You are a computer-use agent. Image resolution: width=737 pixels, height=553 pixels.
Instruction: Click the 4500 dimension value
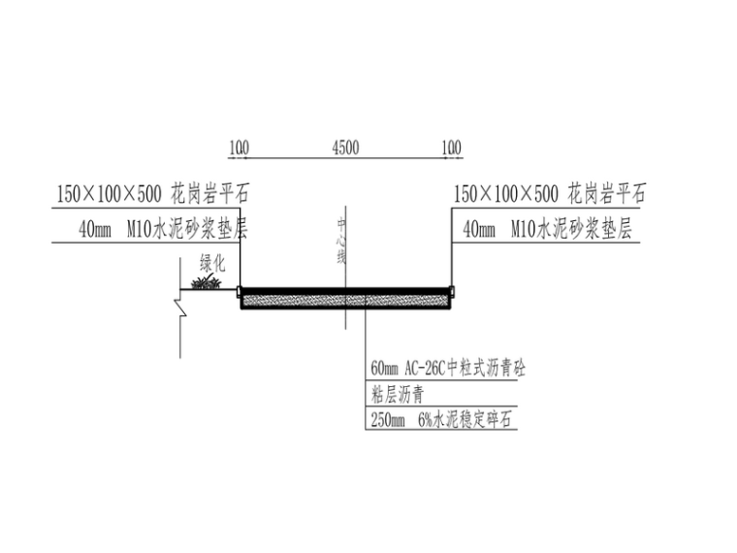tap(345, 147)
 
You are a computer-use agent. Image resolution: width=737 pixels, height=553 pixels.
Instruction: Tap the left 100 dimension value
tap(239, 147)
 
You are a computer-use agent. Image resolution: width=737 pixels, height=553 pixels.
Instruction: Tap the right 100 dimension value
tap(451, 147)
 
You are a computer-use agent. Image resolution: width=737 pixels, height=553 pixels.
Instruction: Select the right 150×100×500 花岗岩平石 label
tap(549, 193)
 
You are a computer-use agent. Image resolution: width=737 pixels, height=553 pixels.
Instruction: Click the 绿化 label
tap(212, 262)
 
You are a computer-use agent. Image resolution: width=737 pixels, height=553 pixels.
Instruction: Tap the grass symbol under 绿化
tap(206, 283)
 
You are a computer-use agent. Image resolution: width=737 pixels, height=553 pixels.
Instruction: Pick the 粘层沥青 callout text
tap(397, 395)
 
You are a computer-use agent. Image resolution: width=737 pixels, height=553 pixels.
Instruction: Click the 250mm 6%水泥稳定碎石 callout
tap(440, 420)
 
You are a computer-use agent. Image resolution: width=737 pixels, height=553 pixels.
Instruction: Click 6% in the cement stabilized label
tap(427, 420)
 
